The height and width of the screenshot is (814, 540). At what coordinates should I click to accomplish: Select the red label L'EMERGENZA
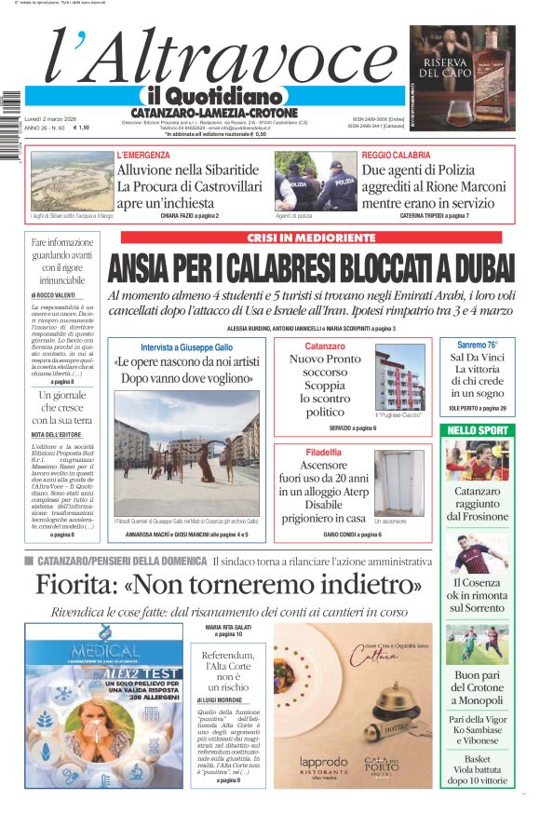pos(143,155)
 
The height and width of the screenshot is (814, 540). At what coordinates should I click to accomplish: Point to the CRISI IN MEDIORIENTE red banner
pos(311,237)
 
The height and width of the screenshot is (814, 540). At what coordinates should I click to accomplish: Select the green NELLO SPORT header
pos(478,430)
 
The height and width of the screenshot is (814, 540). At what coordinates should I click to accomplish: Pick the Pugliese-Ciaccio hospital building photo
pos(399,379)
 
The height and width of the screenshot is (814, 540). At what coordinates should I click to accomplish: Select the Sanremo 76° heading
pos(478,345)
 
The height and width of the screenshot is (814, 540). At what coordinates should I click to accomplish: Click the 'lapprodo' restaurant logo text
pos(324,761)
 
